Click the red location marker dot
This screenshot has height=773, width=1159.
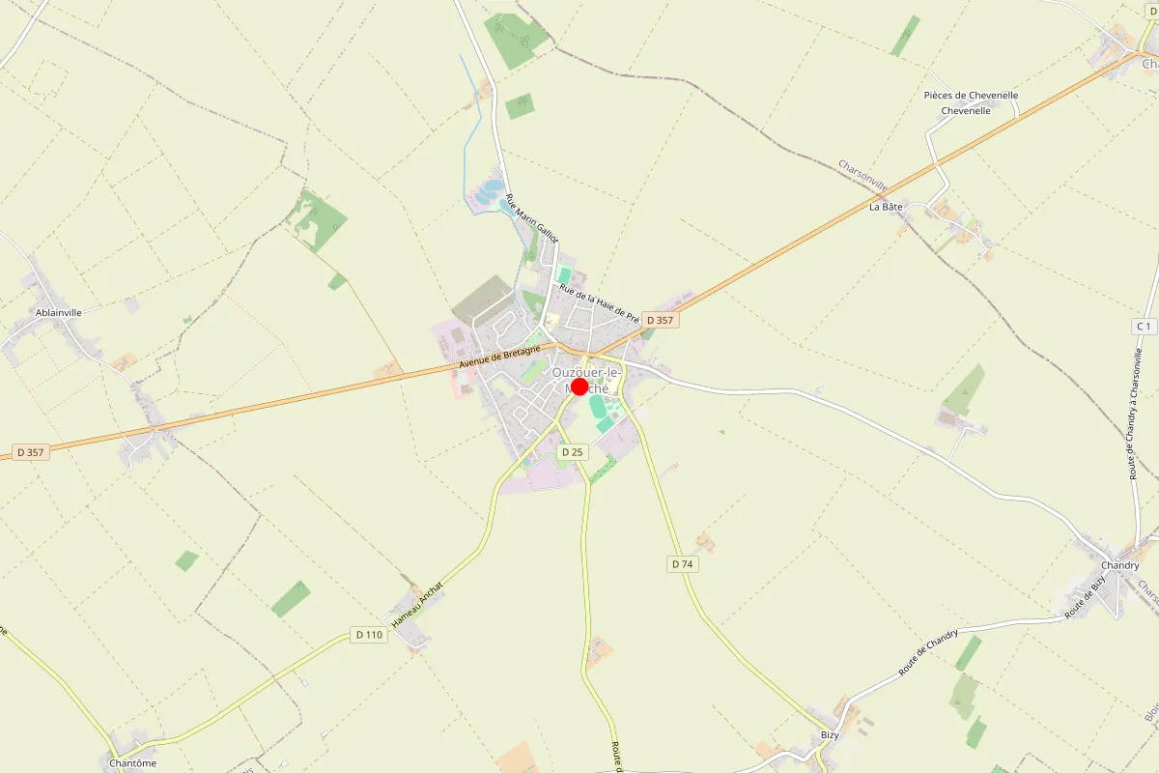tap(579, 386)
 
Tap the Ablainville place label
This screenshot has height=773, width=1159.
tap(58, 312)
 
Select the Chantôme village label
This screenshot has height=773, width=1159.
tap(132, 763)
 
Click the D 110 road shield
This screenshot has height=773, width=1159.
tap(369, 635)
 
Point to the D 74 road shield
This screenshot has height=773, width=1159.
tap(682, 564)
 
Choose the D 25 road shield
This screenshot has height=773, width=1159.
tap(573, 452)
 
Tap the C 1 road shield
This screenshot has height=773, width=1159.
tap(1145, 327)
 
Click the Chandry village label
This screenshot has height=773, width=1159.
tap(1120, 565)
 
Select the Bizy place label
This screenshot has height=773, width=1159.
tap(830, 734)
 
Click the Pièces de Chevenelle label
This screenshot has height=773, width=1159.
tap(971, 96)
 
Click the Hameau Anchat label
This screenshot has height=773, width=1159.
tap(417, 601)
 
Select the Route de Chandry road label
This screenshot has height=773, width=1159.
tap(928, 652)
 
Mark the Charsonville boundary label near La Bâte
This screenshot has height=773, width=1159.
tap(862, 177)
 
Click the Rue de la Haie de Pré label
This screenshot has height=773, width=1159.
tap(600, 303)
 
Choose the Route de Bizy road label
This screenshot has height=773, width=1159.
tap(1085, 598)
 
